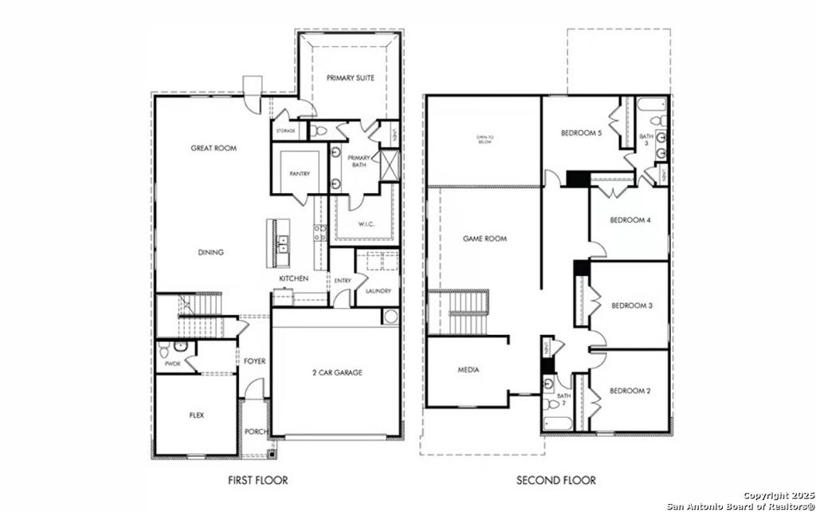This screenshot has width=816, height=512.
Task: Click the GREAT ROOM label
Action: (x=214, y=148)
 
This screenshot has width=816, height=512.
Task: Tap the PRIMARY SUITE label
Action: (x=350, y=77)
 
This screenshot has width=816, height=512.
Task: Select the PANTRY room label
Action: (x=300, y=174)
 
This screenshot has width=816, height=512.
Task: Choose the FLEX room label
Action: (x=196, y=416)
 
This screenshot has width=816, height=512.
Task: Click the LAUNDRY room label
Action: (x=378, y=291)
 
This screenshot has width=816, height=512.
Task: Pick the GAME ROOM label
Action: (x=484, y=238)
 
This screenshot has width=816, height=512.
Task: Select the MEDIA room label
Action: (x=468, y=370)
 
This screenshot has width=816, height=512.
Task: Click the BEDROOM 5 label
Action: (x=581, y=133)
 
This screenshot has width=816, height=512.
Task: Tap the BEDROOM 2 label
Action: (x=630, y=391)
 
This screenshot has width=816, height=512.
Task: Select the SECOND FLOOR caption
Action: (x=555, y=481)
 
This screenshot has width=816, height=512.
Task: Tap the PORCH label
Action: (x=255, y=432)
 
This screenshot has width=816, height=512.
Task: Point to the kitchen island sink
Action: (x=282, y=242)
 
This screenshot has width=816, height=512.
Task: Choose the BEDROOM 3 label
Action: (x=632, y=305)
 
